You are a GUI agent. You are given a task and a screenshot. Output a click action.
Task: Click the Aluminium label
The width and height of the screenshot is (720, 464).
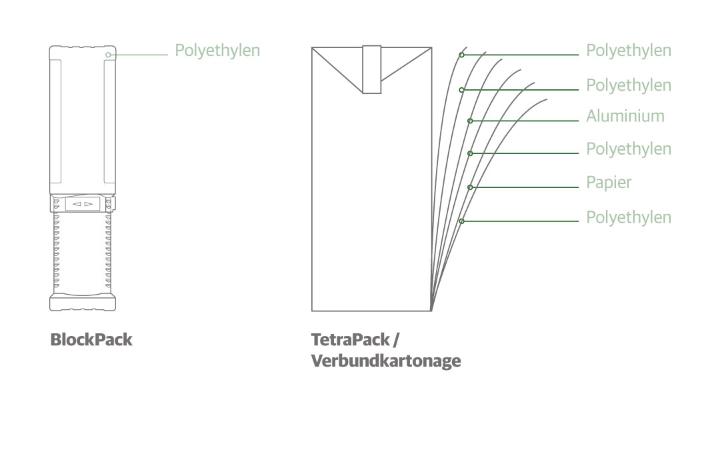pos(625,116)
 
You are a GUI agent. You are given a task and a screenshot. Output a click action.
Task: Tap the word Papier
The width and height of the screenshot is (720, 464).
pos(609,183)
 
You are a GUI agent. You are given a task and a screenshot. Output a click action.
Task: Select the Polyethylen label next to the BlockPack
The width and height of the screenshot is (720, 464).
pos(217,51)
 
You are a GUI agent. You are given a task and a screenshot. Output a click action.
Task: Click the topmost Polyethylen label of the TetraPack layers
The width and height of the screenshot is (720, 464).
pos(629,51)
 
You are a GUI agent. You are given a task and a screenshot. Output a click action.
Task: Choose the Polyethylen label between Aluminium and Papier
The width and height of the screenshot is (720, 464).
pos(629,149)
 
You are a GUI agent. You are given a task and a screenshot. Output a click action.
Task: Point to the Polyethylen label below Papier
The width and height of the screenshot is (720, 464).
pos(629,218)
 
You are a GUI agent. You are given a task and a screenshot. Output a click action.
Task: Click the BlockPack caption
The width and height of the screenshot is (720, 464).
pos(91,340)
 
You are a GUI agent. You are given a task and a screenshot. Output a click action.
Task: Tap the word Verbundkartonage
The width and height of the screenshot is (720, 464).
pos(386,361)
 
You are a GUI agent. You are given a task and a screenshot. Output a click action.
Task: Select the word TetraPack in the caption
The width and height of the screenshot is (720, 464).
pos(351,340)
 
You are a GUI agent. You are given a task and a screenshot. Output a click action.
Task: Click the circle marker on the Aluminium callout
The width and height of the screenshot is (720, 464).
pos(470,121)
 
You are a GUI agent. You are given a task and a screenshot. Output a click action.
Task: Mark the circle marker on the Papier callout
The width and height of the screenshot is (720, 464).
pos(470,187)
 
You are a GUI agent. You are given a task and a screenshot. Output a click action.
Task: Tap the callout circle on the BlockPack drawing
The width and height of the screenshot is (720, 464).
pos(108,55)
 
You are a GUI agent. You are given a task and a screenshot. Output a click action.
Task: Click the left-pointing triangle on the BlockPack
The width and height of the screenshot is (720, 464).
pos(77,204)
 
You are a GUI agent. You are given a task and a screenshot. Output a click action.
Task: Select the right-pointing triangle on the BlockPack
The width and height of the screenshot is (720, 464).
pos(89,204)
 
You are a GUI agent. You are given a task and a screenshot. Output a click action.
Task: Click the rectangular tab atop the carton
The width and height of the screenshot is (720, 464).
pos(372,69)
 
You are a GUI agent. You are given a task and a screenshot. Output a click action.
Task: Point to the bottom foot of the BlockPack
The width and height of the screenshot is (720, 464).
pos(83,303)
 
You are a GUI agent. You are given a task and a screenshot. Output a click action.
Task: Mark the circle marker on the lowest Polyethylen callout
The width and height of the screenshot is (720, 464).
pos(461,221)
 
